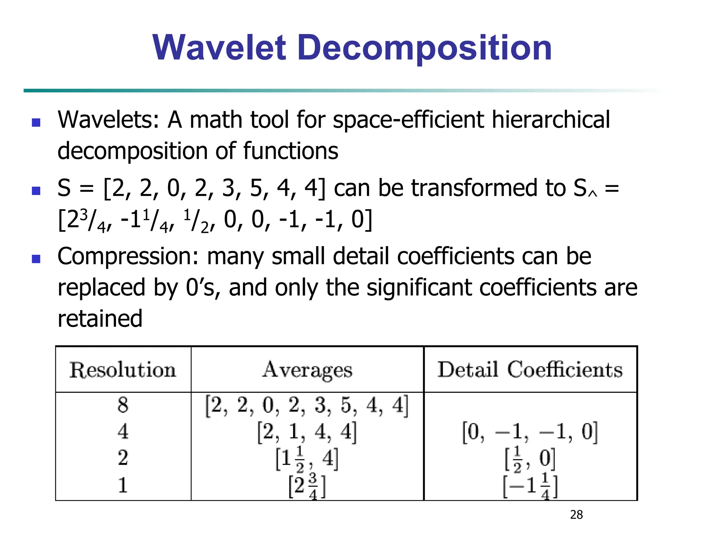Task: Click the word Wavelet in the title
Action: click(x=219, y=48)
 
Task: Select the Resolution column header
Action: click(x=123, y=370)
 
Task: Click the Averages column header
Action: click(x=307, y=370)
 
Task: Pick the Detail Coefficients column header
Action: click(x=530, y=370)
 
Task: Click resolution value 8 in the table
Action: click(x=123, y=405)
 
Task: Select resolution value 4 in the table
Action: click(x=123, y=432)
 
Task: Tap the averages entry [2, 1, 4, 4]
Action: click(x=307, y=432)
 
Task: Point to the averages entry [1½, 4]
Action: click(x=307, y=459)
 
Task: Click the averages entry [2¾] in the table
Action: click(x=307, y=486)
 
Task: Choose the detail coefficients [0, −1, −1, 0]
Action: click(x=530, y=432)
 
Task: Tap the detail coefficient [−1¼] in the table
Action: click(x=530, y=486)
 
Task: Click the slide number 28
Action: click(x=576, y=515)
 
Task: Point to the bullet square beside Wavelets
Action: click(x=36, y=122)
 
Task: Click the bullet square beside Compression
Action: click(x=36, y=259)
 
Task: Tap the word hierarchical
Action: click(x=551, y=120)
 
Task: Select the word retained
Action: click(x=100, y=319)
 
